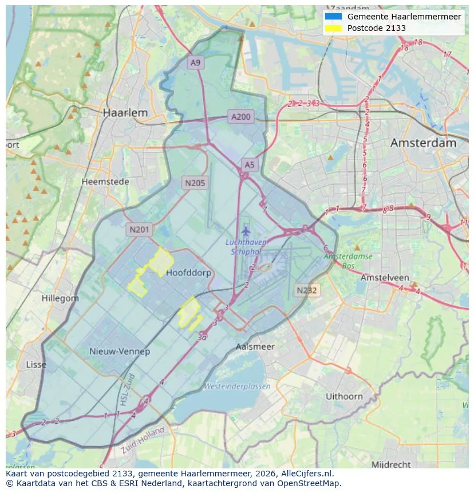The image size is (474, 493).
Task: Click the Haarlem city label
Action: [x=125, y=113]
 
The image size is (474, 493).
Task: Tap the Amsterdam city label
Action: [x=423, y=143]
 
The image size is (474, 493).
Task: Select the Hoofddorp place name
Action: [x=188, y=273]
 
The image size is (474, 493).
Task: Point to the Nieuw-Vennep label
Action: [x=120, y=351]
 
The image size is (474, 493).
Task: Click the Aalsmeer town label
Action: [x=255, y=346]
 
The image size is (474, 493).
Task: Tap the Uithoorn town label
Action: [x=344, y=396]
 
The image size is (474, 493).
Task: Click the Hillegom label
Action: [x=60, y=298]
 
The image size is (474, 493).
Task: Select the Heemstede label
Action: [x=105, y=182]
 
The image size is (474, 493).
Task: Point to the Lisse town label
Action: [x=36, y=364]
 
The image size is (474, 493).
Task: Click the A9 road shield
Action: [x=196, y=63]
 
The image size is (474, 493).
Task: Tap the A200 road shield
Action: [x=240, y=117]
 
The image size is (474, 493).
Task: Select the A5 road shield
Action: [x=250, y=165]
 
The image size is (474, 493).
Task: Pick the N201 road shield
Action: [x=139, y=230]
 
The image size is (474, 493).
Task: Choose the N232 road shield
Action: [x=307, y=290]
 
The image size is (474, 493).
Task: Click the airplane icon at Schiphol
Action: [x=246, y=231]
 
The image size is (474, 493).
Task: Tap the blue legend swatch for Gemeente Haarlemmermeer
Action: [x=333, y=17]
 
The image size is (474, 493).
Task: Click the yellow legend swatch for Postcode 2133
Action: [x=333, y=28]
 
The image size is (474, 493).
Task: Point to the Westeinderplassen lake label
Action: [x=237, y=386]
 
